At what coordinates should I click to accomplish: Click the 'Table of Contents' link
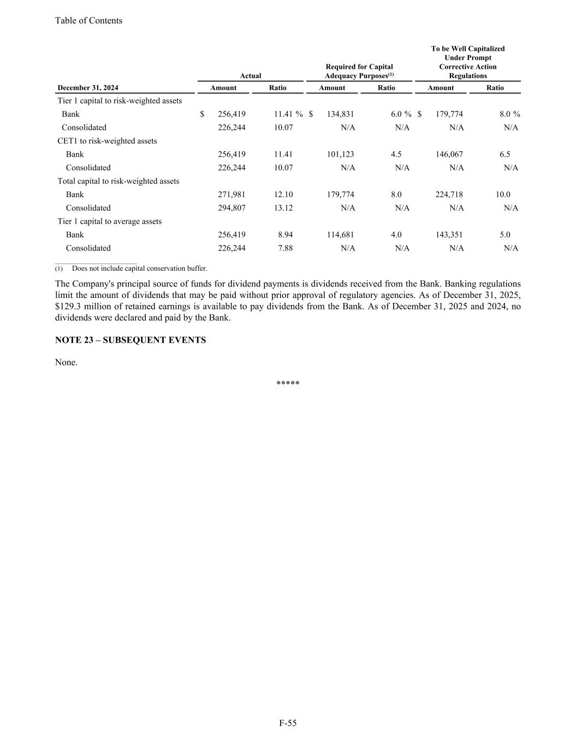(x=88, y=21)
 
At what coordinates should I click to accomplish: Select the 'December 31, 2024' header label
(x=88, y=88)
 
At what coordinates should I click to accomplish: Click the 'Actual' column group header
(x=251, y=76)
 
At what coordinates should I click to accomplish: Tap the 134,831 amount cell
(x=340, y=114)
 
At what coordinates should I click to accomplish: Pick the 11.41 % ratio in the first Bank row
(x=288, y=114)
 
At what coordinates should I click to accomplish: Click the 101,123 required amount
(x=340, y=154)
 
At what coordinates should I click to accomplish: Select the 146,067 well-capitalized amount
(x=449, y=154)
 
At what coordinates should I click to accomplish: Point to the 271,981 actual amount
(x=231, y=194)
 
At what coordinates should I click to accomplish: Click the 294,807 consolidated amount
(x=231, y=208)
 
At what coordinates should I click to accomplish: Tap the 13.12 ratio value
(x=283, y=208)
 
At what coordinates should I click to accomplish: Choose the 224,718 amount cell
(x=449, y=194)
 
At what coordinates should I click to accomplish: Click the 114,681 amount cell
(x=340, y=235)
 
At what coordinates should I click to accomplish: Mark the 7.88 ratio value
(x=286, y=248)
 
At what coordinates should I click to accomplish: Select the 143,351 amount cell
(x=449, y=235)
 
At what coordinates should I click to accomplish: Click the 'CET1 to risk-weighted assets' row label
(x=107, y=141)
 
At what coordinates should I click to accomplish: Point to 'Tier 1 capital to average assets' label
(x=110, y=222)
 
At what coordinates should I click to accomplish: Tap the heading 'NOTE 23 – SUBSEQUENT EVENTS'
(x=130, y=340)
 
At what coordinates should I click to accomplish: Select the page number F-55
(x=288, y=723)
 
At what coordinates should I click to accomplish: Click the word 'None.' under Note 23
(x=66, y=362)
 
